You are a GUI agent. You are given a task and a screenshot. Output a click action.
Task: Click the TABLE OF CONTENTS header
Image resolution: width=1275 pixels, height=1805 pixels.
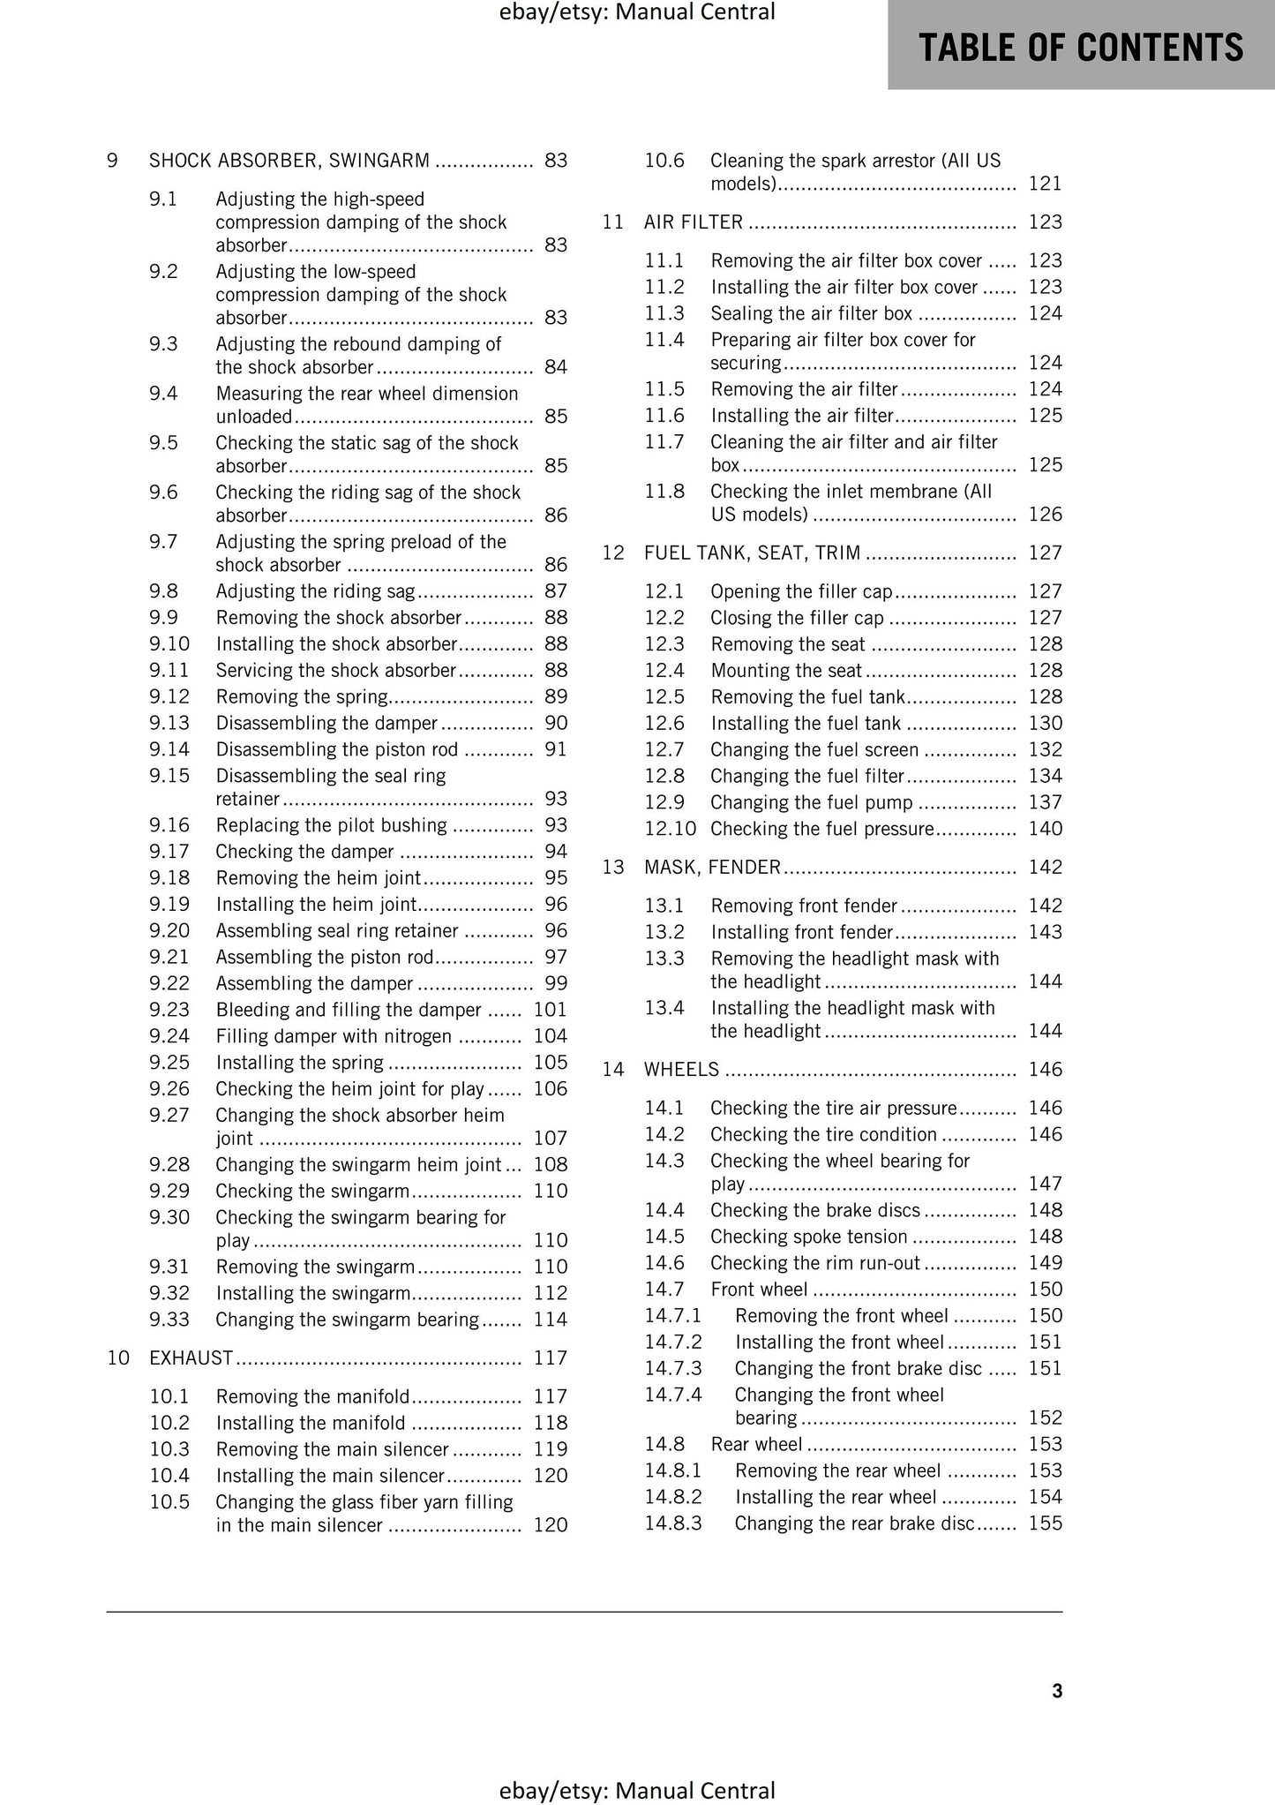1081,47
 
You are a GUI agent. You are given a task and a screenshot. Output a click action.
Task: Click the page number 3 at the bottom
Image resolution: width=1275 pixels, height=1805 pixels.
1057,1690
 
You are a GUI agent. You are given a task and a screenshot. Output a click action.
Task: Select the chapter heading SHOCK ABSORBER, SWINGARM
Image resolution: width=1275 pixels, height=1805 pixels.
289,161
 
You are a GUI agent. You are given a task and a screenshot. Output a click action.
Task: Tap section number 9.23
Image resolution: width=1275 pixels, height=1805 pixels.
169,1010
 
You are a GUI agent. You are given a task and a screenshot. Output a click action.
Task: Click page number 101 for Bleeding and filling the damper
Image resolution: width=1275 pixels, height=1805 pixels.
550,1010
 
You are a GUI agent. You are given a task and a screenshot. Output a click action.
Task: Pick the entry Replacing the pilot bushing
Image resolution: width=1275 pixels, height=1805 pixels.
332,825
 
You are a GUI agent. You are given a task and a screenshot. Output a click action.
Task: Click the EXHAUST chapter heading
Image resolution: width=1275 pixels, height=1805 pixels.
191,1358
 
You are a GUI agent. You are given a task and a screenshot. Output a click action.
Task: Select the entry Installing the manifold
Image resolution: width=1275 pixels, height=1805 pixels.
311,1423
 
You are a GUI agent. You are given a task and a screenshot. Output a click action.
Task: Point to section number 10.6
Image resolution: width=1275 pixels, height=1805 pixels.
664,161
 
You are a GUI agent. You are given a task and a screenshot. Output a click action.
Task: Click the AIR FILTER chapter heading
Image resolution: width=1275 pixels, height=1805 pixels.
694,222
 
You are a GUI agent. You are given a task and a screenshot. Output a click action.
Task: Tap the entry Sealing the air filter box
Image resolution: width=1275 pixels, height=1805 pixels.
812,313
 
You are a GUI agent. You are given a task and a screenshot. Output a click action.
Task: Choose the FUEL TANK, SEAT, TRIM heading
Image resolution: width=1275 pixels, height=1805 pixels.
752,553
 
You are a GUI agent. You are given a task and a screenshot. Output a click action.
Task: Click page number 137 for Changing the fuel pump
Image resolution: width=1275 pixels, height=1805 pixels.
1045,802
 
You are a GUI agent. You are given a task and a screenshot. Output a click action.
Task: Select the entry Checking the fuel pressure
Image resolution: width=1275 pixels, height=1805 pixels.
821,829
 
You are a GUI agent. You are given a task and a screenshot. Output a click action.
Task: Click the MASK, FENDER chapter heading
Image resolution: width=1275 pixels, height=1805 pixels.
713,867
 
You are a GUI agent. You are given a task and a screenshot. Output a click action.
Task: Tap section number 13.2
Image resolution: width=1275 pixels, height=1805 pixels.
664,932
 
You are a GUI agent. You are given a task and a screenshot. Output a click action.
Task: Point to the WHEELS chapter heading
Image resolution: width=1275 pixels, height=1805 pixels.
682,1070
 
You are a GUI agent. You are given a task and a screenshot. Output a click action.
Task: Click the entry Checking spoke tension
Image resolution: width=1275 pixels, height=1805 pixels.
809,1237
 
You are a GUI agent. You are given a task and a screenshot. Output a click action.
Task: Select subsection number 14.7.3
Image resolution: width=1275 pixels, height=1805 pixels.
672,1368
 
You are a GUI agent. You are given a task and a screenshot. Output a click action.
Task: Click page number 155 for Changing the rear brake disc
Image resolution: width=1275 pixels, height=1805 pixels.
1045,1523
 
